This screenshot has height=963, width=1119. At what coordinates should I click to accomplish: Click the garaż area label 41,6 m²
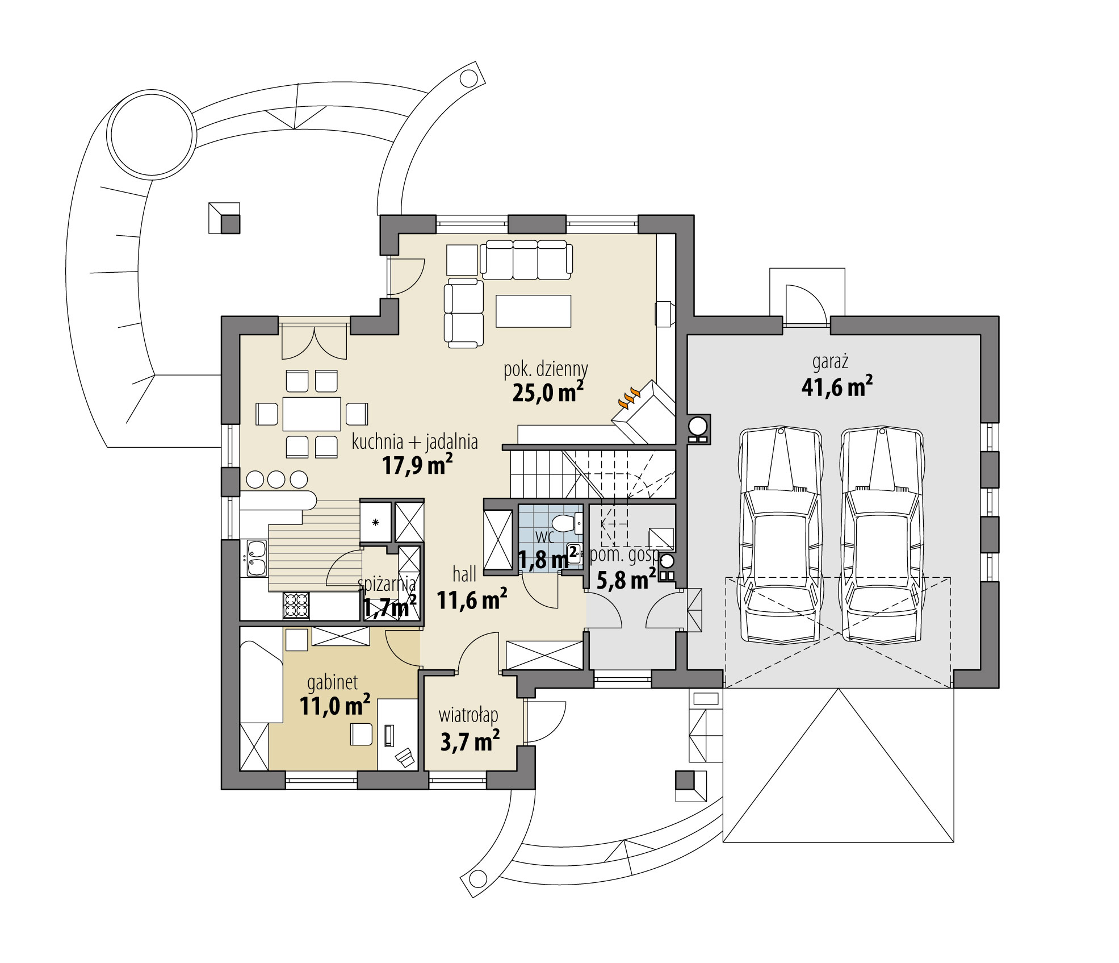(836, 387)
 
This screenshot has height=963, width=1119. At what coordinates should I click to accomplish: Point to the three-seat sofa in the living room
(526, 259)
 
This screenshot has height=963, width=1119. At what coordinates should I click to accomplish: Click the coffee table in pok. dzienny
(533, 311)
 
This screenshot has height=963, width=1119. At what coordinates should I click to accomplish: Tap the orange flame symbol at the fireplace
(628, 398)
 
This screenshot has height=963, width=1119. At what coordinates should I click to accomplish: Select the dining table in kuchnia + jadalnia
(312, 414)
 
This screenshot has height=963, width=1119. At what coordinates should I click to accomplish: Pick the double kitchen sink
(256, 558)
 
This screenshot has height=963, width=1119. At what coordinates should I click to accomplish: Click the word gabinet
(332, 682)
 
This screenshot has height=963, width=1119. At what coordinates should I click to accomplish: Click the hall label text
(464, 574)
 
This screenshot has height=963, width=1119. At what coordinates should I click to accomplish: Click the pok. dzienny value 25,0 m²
(547, 392)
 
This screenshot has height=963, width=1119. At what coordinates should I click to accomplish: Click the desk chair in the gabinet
(361, 733)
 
